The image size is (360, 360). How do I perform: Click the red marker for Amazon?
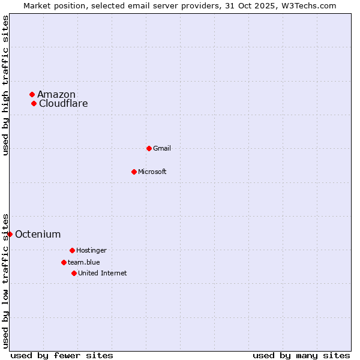(x=32, y=94)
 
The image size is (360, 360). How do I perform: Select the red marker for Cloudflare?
(x=34, y=103)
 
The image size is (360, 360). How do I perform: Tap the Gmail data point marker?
(x=149, y=148)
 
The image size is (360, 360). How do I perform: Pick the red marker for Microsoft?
(x=134, y=172)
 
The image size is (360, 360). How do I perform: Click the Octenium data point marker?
(x=10, y=234)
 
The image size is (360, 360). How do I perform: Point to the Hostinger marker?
(x=72, y=250)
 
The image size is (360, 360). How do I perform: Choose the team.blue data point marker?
(x=64, y=262)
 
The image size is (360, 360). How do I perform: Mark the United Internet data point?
(x=74, y=273)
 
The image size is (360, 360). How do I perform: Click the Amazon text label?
(x=56, y=94)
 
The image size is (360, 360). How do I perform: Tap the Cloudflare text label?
(x=64, y=103)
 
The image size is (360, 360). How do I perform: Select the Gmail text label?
(x=162, y=148)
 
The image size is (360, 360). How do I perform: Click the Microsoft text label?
(x=152, y=172)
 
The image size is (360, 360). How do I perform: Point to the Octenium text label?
(x=38, y=234)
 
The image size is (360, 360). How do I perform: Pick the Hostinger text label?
(x=91, y=250)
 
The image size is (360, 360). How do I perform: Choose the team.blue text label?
(x=84, y=262)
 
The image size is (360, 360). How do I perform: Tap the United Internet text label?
(x=103, y=273)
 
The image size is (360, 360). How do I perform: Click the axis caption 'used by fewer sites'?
(x=62, y=355)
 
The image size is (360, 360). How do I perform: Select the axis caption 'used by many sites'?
(x=301, y=355)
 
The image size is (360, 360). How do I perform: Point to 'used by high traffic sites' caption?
(x=5, y=85)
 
